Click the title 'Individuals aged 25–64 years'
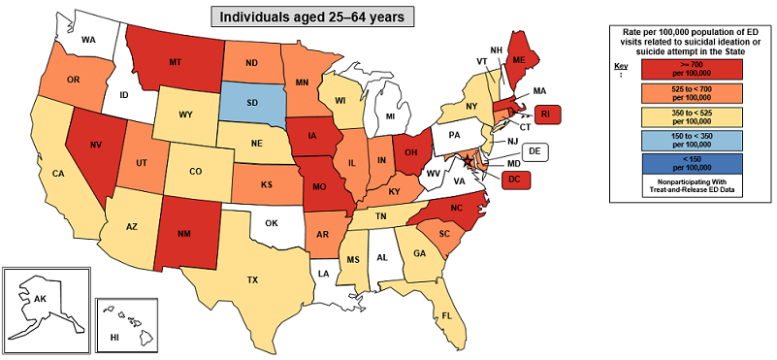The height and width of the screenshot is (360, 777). (316, 16)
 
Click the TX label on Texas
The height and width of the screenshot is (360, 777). (252, 279)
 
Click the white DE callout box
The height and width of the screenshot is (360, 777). (534, 151)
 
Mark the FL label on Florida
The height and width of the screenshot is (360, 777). (447, 316)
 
